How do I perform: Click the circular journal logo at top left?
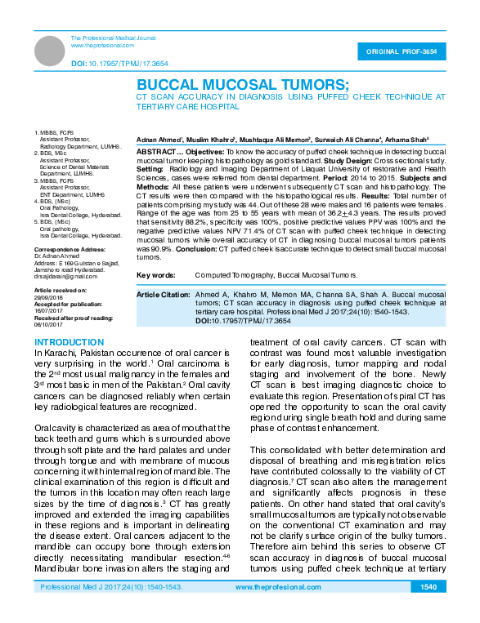51,50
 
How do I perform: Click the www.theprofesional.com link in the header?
102,46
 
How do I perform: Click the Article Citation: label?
162,293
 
